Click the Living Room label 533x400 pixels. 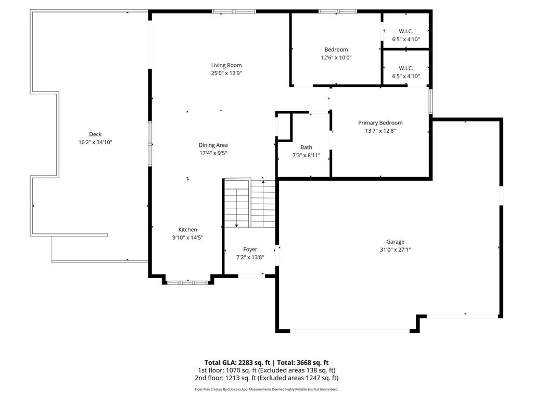pos(226,65)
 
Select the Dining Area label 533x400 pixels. pos(213,145)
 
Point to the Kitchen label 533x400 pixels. pos(187,229)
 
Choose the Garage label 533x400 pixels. pos(395,242)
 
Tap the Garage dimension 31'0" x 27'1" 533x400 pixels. pos(395,249)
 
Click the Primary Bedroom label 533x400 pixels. pos(380,123)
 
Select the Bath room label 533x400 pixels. pos(306,147)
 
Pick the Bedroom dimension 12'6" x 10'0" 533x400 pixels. pos(336,58)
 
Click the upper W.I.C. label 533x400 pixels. pos(405,31)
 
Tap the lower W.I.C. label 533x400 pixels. pos(405,68)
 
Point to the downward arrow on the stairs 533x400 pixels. pos(236,224)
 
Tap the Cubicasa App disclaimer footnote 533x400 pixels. pos(266,389)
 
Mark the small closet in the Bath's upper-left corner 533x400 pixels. pos(284,126)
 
